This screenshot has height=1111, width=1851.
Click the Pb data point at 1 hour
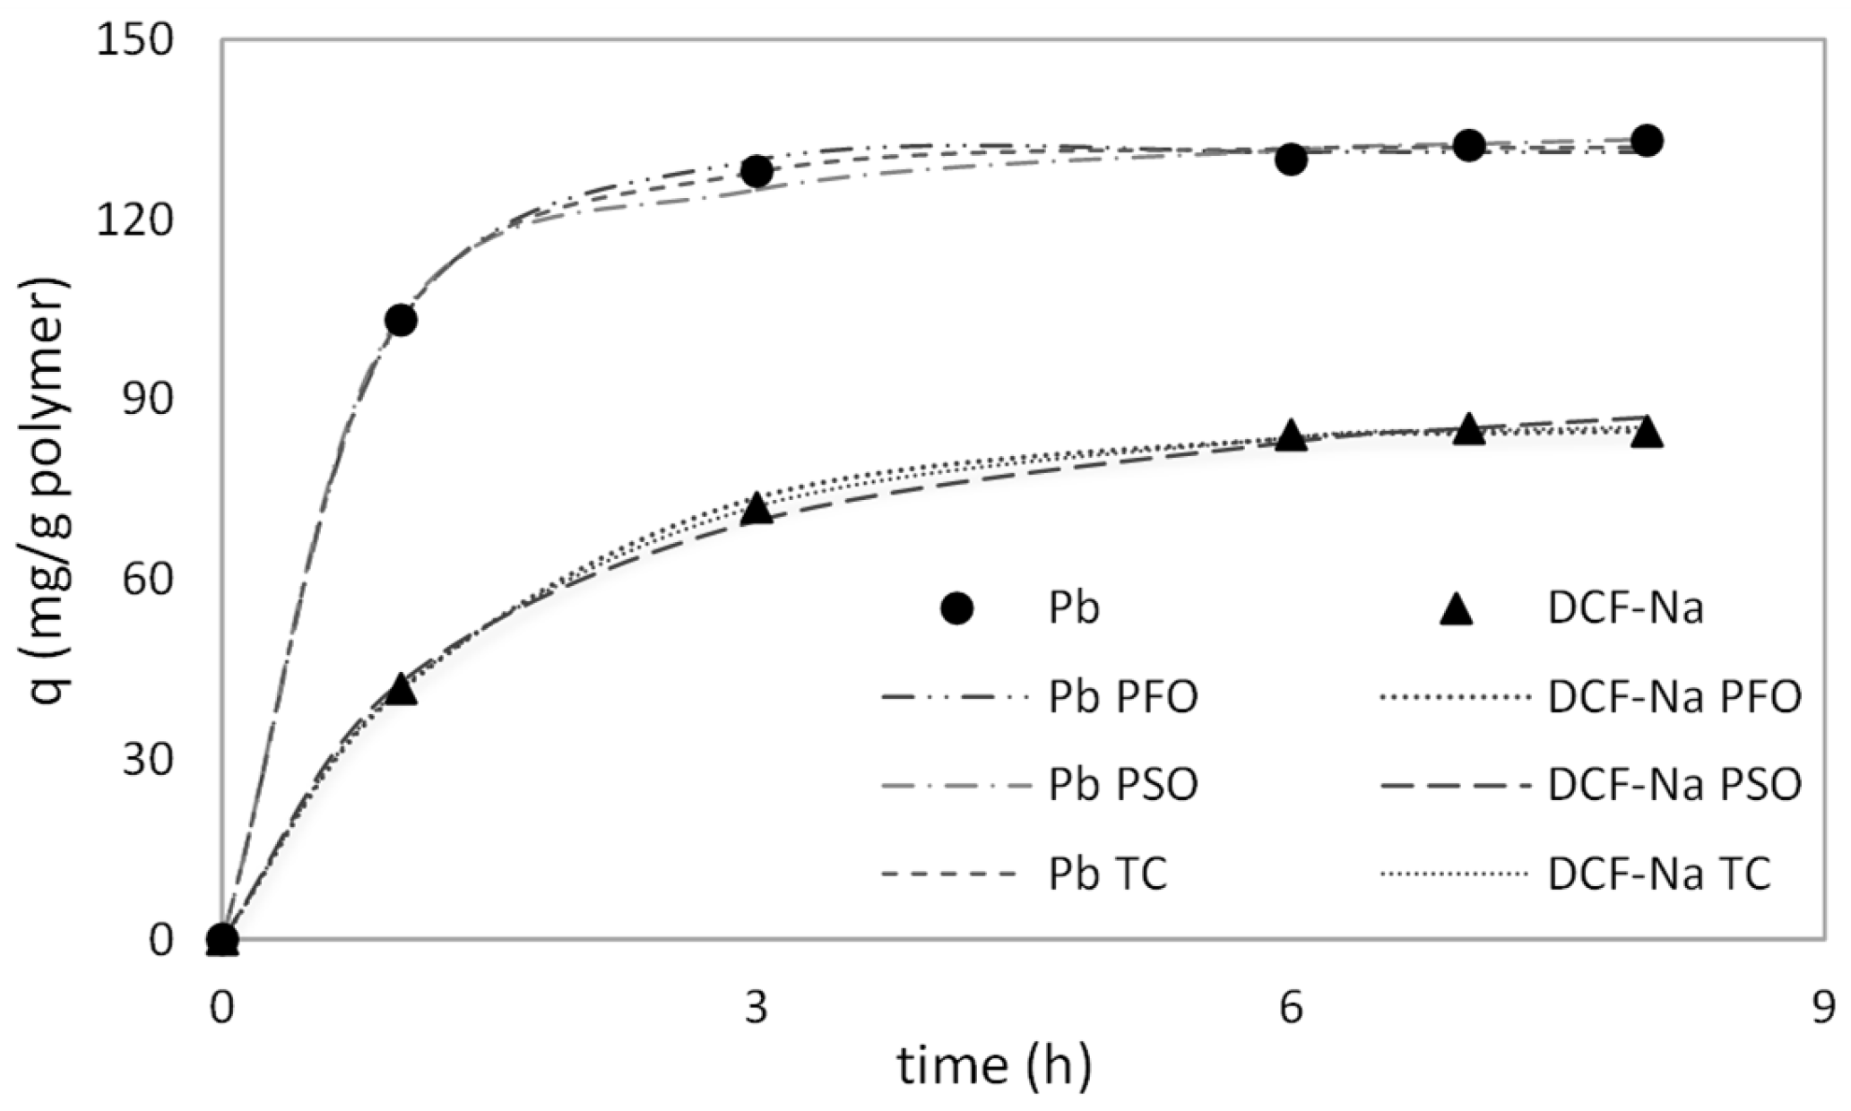tap(400, 320)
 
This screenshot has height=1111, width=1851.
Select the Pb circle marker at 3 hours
tap(757, 171)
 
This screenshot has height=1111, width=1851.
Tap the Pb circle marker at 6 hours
tap(1291, 159)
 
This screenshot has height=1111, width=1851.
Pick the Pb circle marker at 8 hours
tap(1647, 140)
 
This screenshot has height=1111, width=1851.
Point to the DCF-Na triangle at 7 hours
tap(1468, 429)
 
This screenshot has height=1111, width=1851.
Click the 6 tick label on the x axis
tap(1290, 1009)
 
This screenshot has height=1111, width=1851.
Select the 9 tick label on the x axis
tap(1824, 1009)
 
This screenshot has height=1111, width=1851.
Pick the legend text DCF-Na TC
tap(1659, 874)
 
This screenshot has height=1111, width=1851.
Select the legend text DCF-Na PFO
tap(1674, 698)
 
